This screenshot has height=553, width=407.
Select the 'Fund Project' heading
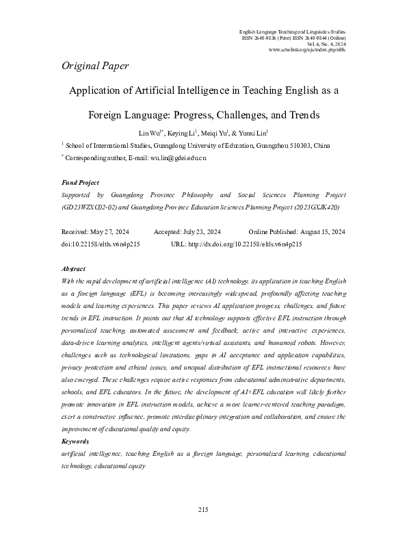coord(80,183)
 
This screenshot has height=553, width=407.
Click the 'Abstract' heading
coord(73,269)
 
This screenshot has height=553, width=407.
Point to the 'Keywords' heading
coord(75,423)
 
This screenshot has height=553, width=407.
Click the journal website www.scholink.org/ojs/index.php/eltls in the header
coord(308,50)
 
